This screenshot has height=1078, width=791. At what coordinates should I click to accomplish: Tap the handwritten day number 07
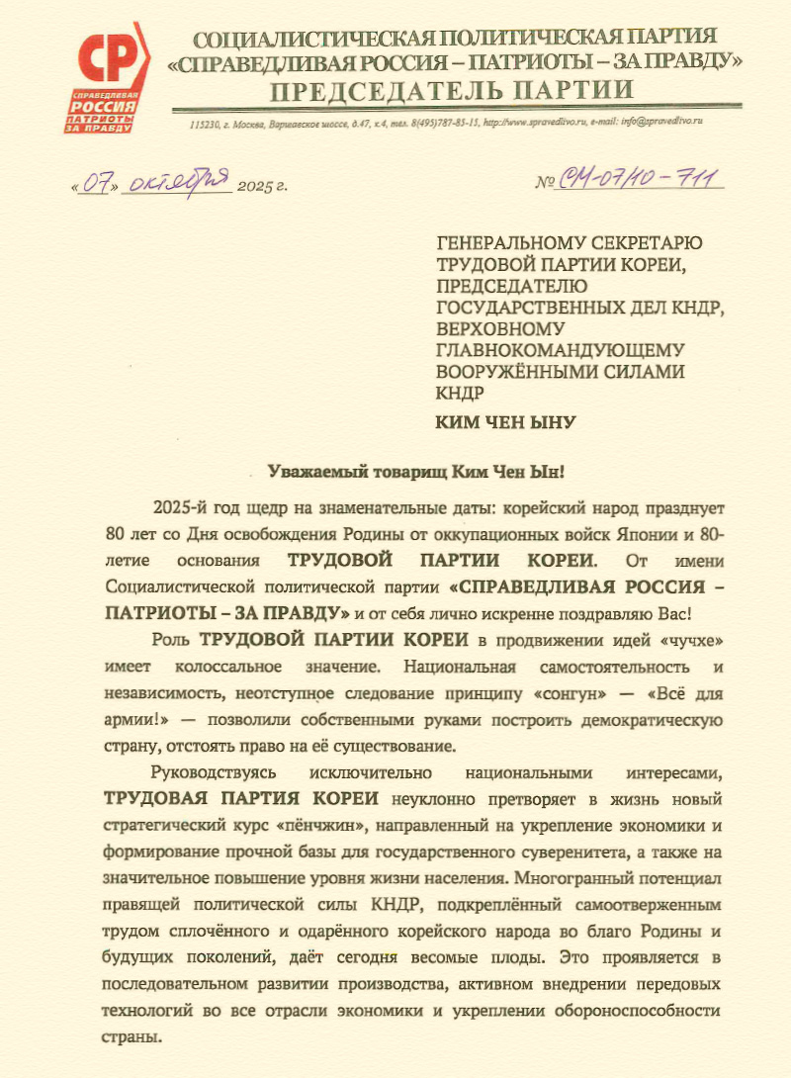(x=95, y=183)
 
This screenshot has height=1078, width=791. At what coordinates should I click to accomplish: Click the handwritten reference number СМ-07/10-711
(x=641, y=180)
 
